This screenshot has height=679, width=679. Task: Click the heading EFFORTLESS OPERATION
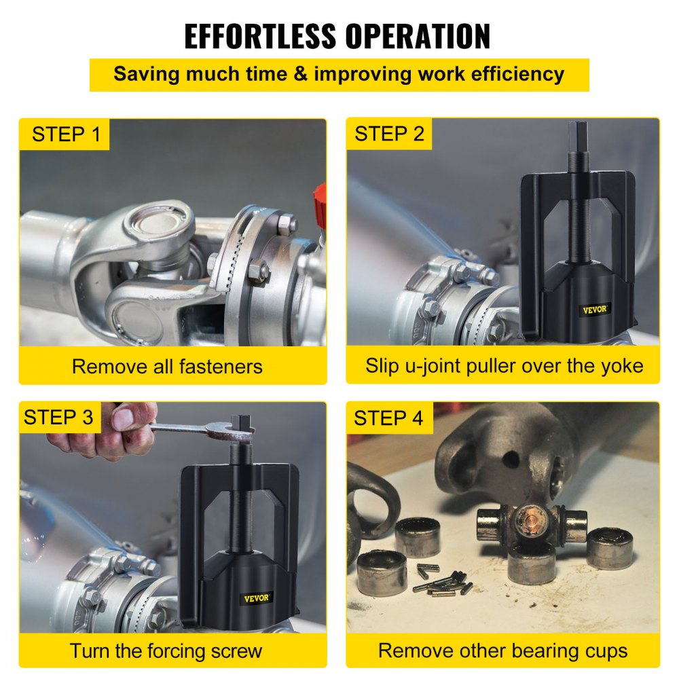click(x=337, y=36)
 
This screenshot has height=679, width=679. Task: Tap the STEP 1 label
click(x=66, y=134)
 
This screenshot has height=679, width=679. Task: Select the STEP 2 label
click(x=389, y=134)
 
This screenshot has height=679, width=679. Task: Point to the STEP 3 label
click(x=58, y=417)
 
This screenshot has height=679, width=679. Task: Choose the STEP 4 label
click(x=388, y=418)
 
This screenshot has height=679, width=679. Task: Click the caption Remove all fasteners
click(x=167, y=367)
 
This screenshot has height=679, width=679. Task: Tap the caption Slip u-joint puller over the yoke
click(x=504, y=366)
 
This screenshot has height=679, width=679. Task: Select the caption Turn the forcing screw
click(x=166, y=650)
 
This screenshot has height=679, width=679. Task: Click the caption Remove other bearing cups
click(x=503, y=650)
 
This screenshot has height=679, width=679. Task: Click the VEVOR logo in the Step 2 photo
click(x=595, y=310)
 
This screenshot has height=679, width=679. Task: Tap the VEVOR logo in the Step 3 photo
click(x=257, y=598)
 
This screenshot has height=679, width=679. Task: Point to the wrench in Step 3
click(x=197, y=428)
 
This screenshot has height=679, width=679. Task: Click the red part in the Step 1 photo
click(x=319, y=204)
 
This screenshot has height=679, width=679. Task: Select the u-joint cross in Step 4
click(x=530, y=526)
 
